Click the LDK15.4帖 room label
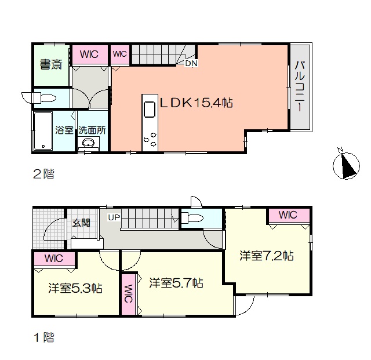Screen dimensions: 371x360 pos(197,103)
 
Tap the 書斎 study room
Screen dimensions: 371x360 pos(52,65)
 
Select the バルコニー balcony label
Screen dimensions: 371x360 pos(300,86)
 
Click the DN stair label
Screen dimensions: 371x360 pos(191,63)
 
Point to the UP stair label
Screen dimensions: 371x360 pos(114,217)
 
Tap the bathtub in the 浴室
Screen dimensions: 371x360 pos(43,131)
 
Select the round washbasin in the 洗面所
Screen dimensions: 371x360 pos(88,143)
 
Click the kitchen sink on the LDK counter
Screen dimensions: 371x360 pos(150,109)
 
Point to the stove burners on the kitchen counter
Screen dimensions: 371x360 pos(150,139)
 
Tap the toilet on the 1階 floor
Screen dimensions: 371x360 pos(192,218)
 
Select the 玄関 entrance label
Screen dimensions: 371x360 pos(81,223)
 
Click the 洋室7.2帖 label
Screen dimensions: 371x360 pos(267,256)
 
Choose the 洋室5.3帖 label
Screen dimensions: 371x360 pos(75,288)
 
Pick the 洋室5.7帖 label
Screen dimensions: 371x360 pos(176,282)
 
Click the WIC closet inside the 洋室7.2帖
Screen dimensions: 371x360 pos(288,215)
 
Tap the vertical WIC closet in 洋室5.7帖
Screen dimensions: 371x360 pos(128,294)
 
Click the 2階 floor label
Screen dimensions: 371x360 pos(44,174)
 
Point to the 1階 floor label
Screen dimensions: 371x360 pos(44,337)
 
